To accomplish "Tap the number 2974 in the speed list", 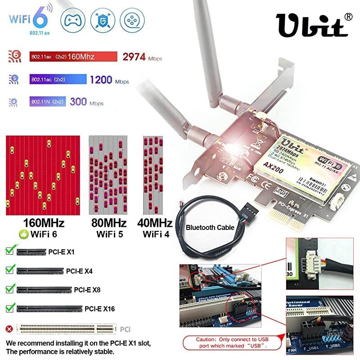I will (134, 57).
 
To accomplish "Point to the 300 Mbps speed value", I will (78, 102).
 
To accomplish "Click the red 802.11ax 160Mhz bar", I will (72, 57).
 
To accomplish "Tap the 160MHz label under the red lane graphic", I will (43, 223).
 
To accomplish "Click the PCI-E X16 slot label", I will (99, 309).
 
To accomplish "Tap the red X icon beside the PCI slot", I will (9, 329).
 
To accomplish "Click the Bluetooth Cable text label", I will (210, 228).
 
